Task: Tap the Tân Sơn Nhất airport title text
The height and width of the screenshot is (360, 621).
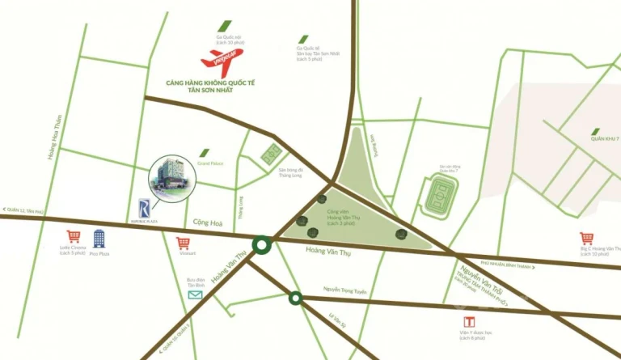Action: (x=216, y=87)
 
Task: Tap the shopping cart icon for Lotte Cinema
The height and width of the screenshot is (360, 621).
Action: (x=74, y=237)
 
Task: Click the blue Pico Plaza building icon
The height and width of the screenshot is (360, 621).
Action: (x=99, y=238)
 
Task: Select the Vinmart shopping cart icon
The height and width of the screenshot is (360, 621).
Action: (x=184, y=242)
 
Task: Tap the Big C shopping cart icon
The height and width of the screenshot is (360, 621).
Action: (x=586, y=238)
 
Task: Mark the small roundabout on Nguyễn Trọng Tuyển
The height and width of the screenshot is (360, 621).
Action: (x=296, y=299)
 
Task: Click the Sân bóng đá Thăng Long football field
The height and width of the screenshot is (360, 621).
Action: (x=272, y=154)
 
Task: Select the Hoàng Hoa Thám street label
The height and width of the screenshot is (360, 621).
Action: (x=54, y=138)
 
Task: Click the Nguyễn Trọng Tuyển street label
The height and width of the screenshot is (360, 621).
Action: (x=345, y=290)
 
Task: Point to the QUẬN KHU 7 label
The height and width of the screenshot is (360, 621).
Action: (x=603, y=138)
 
